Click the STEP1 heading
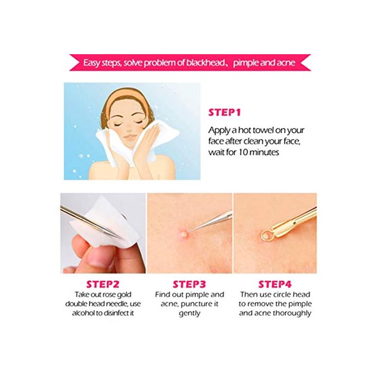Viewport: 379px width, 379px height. click(225, 113)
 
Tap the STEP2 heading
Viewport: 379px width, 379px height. click(103, 284)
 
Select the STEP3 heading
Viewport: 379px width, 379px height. click(190, 284)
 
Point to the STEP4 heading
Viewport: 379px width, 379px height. click(275, 284)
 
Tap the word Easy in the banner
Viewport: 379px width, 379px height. click(92, 63)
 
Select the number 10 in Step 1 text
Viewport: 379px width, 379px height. click(243, 152)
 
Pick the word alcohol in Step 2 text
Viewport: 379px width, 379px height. click(83, 313)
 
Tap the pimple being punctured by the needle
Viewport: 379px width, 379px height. click(184, 234)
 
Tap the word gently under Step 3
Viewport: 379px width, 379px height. click(190, 313)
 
